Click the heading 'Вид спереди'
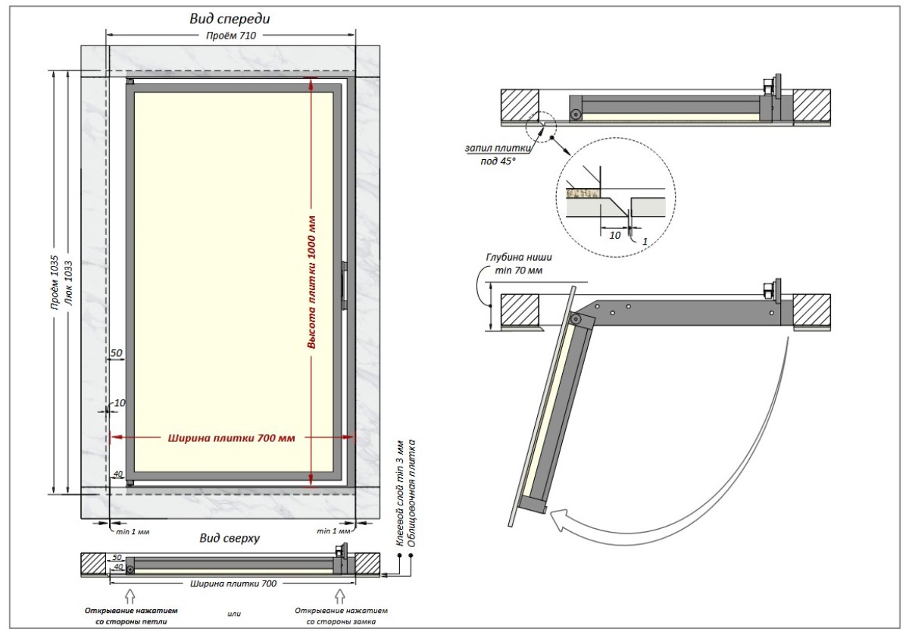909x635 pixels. tap(230, 19)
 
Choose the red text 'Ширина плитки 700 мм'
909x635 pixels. tap(232, 436)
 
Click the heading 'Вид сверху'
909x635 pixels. tap(230, 539)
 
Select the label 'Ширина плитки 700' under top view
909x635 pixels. tap(232, 583)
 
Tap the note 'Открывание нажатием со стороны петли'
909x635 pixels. tap(127, 615)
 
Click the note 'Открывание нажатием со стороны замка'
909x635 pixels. tap(341, 615)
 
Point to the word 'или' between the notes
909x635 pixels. tap(234, 613)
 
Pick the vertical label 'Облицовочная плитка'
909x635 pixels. tap(412, 493)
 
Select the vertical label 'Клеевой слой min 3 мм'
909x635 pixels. tap(400, 493)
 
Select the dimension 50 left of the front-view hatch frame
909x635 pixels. tap(117, 353)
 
